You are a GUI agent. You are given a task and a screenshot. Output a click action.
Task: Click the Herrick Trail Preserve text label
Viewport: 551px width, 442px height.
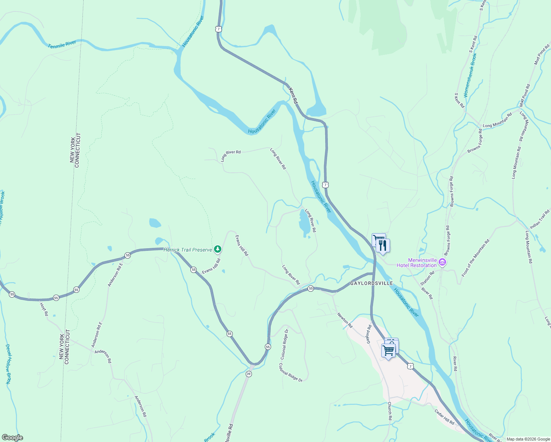tap(188, 250)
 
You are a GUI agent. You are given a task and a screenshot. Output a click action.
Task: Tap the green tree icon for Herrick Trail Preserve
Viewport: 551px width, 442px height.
tap(218, 249)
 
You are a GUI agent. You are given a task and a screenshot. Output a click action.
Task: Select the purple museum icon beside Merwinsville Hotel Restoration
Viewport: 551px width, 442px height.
tap(442, 263)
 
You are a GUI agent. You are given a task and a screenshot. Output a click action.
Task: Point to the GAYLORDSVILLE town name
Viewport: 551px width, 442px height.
tap(371, 283)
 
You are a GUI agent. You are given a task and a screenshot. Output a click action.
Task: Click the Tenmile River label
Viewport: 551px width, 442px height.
tap(62, 45)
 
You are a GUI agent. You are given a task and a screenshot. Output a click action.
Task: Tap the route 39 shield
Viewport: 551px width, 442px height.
tap(249, 374)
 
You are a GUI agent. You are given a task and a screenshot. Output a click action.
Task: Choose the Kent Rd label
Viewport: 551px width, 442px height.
tap(293, 95)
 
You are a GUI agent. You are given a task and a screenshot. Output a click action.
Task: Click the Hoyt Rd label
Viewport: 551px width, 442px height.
tap(44, 309)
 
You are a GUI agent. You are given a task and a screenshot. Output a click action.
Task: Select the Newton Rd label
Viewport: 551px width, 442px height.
tap(345, 320)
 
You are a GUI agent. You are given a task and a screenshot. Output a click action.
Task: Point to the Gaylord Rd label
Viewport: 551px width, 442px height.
tap(369, 334)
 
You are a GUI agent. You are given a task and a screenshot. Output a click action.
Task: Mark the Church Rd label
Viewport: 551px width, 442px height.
tap(389, 411)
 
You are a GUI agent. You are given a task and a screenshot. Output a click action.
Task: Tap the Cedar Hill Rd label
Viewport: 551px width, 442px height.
tap(444, 417)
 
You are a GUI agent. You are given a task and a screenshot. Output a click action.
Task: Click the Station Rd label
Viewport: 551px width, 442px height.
tap(427, 277)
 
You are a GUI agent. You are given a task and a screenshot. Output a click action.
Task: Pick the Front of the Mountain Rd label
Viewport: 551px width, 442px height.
tap(475, 258)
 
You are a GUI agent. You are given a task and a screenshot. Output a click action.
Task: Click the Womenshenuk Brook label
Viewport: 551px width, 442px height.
tap(470, 75)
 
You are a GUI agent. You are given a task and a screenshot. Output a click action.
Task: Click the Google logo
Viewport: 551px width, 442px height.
tap(13, 438)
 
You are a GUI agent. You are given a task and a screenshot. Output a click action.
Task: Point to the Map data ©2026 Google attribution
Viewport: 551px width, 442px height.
tap(528, 439)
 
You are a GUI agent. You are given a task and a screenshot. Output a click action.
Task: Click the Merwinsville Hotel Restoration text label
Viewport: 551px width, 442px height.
tap(417, 263)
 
